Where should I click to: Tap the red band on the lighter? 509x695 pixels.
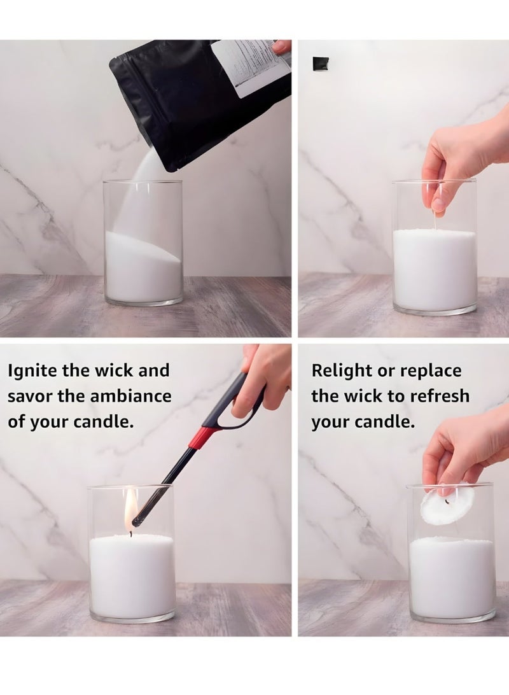(x=204, y=437)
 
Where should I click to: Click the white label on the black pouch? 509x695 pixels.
(x=249, y=66)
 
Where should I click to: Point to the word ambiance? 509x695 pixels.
(x=134, y=397)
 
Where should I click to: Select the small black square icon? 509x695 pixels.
(x=321, y=64)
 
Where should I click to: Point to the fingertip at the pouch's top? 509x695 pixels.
(x=281, y=46)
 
